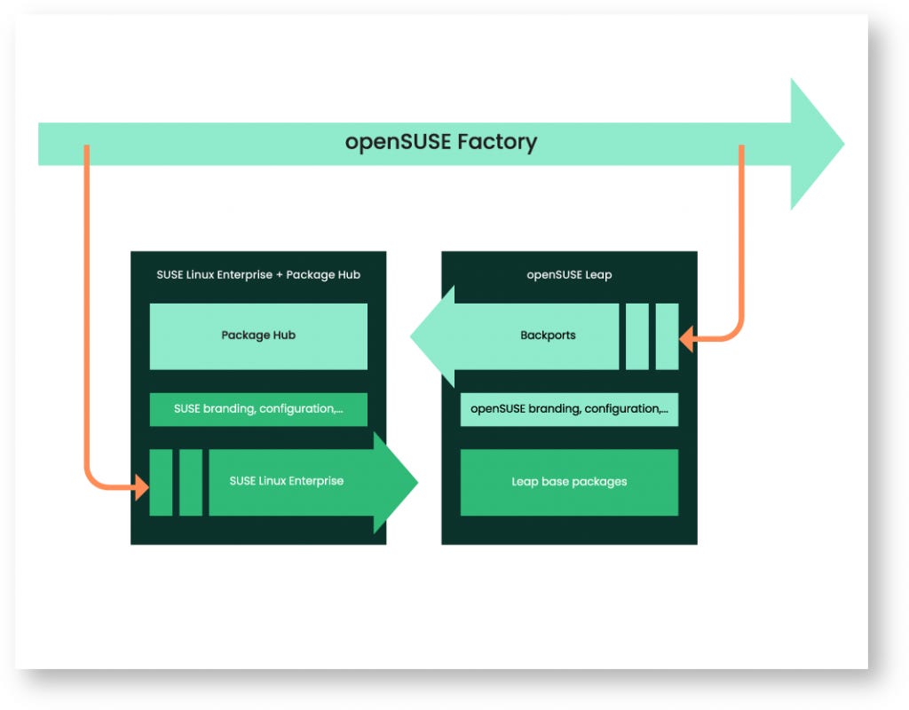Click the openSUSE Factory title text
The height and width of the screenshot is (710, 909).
(x=441, y=142)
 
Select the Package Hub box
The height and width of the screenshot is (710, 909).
(x=258, y=335)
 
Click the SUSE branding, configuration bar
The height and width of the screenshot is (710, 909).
(x=258, y=409)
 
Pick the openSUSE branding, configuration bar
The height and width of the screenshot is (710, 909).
(x=569, y=409)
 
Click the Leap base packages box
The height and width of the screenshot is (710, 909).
(x=569, y=482)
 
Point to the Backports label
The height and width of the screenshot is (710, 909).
(x=548, y=335)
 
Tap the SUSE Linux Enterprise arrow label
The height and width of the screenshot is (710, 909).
(x=286, y=481)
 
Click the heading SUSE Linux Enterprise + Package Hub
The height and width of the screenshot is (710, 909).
(x=258, y=275)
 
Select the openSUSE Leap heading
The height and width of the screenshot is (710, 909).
(x=569, y=275)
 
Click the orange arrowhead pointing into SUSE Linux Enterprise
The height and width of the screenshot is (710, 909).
(x=141, y=486)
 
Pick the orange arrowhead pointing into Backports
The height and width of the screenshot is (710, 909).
(x=686, y=337)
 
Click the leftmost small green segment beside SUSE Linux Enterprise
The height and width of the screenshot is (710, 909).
(x=161, y=482)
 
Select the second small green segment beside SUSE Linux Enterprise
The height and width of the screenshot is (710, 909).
(x=191, y=482)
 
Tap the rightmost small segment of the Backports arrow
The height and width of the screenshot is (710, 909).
(x=667, y=336)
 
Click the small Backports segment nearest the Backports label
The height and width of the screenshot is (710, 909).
(x=636, y=336)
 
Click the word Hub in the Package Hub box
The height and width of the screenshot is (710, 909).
(x=284, y=335)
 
